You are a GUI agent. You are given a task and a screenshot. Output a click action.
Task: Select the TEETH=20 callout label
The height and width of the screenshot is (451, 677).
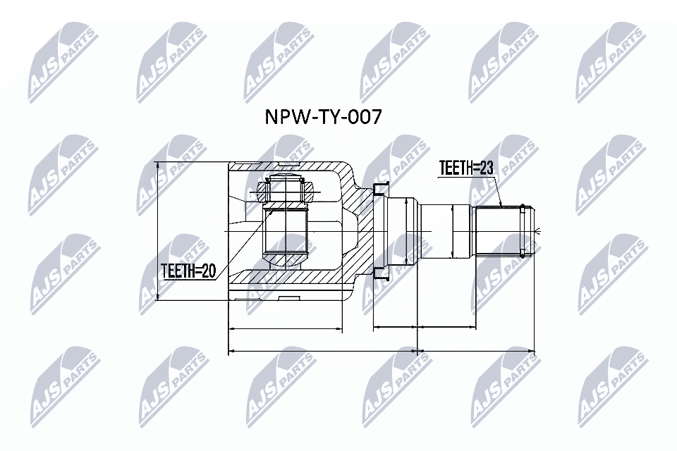[x=187, y=270]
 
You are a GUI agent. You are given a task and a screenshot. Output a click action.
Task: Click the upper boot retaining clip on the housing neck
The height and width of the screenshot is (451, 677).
[x=381, y=187]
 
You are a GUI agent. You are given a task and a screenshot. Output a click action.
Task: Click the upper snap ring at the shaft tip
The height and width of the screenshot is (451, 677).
[x=523, y=207]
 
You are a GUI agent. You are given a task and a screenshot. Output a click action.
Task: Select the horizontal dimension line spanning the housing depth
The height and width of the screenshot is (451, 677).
[x=286, y=329]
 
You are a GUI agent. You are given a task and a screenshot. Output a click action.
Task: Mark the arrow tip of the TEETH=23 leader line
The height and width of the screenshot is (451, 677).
[x=501, y=206]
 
